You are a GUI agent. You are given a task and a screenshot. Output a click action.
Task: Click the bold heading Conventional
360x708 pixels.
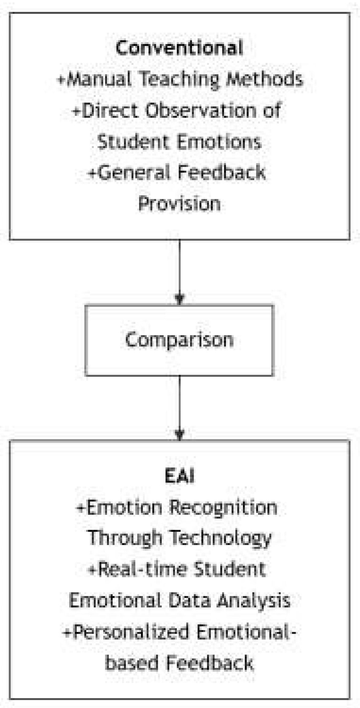[x=179, y=48]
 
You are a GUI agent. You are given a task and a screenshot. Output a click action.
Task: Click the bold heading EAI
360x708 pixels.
[x=179, y=477]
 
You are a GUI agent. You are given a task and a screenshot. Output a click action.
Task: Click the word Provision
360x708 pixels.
[x=179, y=204]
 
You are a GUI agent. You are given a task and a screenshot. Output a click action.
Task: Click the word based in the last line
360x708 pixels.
[x=132, y=663]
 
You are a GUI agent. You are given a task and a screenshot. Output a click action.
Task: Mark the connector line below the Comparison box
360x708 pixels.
[x=180, y=401]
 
